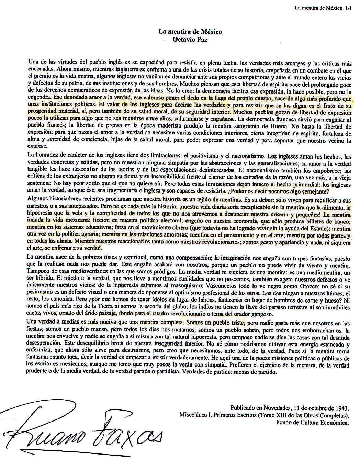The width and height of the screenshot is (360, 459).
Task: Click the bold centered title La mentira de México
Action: click(x=190, y=32)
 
